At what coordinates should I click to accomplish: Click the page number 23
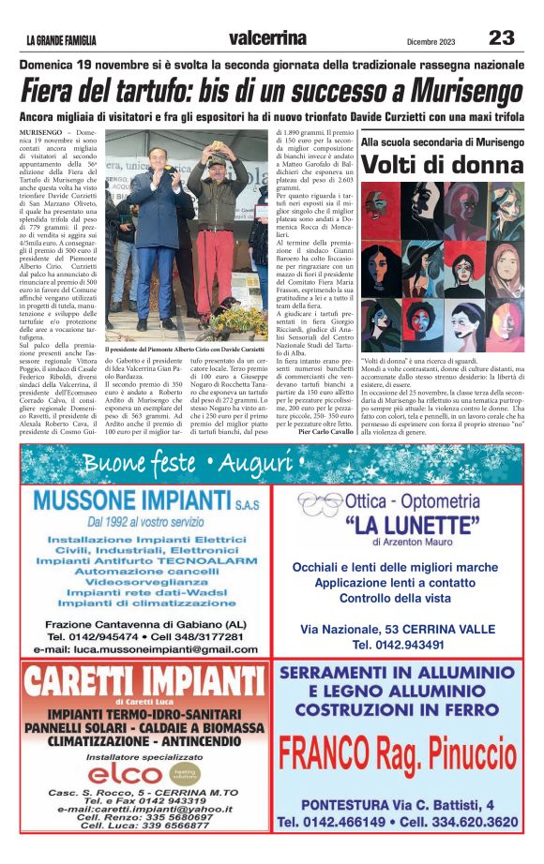click(502, 37)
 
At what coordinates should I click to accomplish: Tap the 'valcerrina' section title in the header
click(267, 37)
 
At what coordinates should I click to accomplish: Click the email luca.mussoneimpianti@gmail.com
click(144, 649)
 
